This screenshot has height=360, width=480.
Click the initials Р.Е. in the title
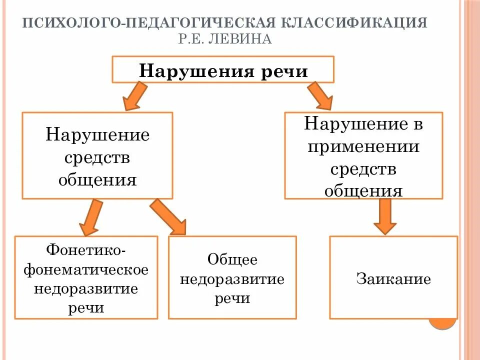(190, 39)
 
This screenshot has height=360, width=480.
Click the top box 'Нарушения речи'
(222, 69)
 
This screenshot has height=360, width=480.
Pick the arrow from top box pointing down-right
(320, 96)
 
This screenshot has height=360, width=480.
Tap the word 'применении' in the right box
(363, 147)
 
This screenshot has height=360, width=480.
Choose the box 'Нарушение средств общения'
(97, 155)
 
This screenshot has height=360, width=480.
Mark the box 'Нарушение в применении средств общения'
(363, 155)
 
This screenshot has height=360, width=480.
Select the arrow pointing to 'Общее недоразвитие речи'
(169, 216)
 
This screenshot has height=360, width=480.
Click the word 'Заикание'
(393, 278)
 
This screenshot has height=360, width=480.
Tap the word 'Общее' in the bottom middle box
(232, 259)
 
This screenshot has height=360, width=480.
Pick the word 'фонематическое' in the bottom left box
(86, 269)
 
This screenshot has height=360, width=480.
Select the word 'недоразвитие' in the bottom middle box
(232, 279)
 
